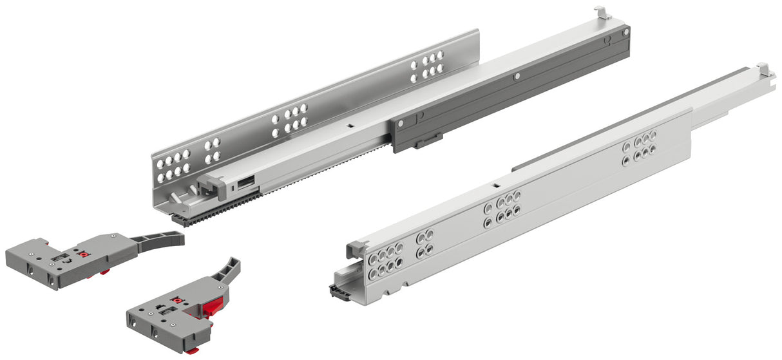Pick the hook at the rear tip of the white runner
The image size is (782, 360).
[x=765, y=68]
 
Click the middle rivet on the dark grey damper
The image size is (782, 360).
[x=517, y=77]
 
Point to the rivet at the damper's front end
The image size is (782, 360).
[x=401, y=122]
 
